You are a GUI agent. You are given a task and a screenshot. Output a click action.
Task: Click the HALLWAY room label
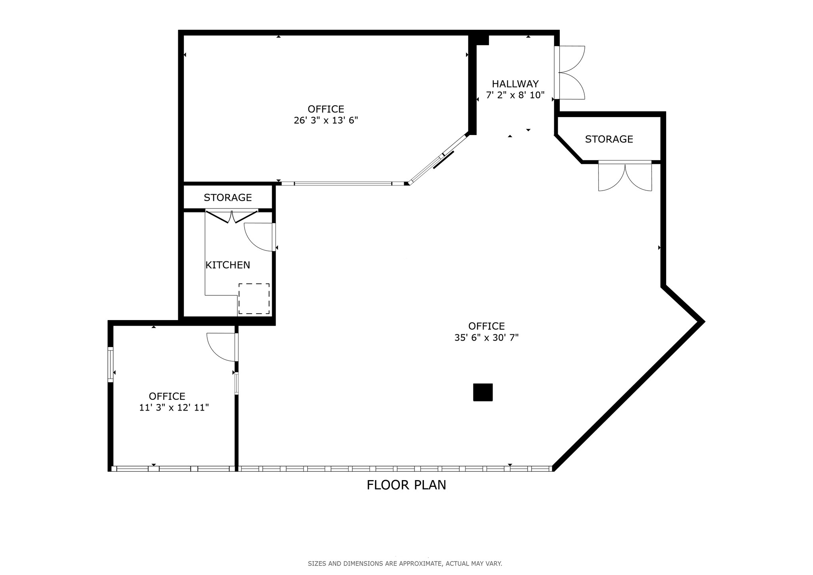pyautogui.click(x=515, y=84)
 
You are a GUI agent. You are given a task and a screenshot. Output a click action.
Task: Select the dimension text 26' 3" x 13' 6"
pyautogui.click(x=326, y=120)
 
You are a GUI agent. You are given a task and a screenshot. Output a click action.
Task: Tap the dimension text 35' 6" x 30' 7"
pyautogui.click(x=486, y=338)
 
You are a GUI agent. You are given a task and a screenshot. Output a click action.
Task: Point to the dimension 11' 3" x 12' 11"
pyautogui.click(x=174, y=407)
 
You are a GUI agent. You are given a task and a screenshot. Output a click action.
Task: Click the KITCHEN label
pyautogui.click(x=227, y=265)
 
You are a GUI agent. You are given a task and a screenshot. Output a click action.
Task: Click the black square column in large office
pyautogui.click(x=483, y=392)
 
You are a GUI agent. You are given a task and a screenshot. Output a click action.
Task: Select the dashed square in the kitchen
pyautogui.click(x=254, y=299)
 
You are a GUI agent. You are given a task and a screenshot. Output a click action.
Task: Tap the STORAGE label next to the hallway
pyautogui.click(x=609, y=139)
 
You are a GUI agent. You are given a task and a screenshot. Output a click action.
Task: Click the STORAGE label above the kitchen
pyautogui.click(x=227, y=197)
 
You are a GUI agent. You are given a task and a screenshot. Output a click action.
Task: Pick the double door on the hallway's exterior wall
pyautogui.click(x=570, y=73)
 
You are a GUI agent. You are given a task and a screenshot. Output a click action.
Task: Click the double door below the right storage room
pyautogui.click(x=625, y=176)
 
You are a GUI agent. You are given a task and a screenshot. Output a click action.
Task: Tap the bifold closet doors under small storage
pyautogui.click(x=231, y=217)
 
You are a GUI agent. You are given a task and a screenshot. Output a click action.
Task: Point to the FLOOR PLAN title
pyautogui.click(x=406, y=485)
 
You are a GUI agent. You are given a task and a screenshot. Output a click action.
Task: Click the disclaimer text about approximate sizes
pyautogui.click(x=405, y=563)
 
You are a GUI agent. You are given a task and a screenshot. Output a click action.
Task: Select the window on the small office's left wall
pyautogui.click(x=110, y=365)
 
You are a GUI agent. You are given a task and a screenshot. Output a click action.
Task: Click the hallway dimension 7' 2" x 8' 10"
pyautogui.click(x=515, y=95)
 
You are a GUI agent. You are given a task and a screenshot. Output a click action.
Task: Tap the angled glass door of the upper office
pyautogui.click(x=438, y=159)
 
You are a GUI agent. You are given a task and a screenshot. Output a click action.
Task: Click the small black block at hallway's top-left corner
pyautogui.click(x=482, y=40)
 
